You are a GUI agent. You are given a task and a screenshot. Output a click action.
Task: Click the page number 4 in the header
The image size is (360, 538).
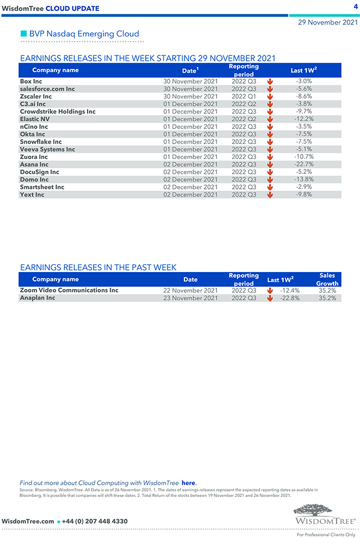point(355,6)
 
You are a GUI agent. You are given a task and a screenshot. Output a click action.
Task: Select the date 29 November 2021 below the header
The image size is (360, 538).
point(327,23)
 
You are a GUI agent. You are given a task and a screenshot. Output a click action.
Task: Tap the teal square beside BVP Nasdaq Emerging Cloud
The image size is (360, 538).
point(23,33)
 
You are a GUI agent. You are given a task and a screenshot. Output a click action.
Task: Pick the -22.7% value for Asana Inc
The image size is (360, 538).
point(304,165)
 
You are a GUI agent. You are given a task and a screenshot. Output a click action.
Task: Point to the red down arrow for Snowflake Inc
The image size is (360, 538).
point(270,142)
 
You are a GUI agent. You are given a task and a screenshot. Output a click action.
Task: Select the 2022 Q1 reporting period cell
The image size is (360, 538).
point(244,96)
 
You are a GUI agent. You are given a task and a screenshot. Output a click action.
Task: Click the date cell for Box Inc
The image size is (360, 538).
point(191,81)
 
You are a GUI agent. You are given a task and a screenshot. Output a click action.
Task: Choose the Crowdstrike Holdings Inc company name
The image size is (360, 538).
point(58,111)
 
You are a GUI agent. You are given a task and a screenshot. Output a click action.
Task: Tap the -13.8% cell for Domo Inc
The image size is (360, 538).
point(304,180)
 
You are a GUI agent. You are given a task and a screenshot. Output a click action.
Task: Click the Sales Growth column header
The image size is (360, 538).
point(327,279)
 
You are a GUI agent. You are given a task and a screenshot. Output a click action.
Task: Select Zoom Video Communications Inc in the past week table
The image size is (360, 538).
point(69,290)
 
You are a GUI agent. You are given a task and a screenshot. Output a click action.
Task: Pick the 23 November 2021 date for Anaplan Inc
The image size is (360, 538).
point(191,298)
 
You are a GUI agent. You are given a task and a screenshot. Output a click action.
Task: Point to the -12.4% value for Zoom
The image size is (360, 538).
point(290,290)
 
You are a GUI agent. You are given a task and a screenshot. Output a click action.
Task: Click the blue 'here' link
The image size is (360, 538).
point(188,483)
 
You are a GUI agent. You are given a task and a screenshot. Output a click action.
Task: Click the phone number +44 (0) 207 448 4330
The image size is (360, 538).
point(95,521)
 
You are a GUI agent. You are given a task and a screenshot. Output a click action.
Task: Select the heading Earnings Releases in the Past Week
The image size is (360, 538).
point(98,268)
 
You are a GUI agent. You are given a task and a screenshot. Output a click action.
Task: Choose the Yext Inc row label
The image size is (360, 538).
point(32,194)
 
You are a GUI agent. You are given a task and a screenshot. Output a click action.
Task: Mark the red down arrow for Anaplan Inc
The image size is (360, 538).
point(270,298)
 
